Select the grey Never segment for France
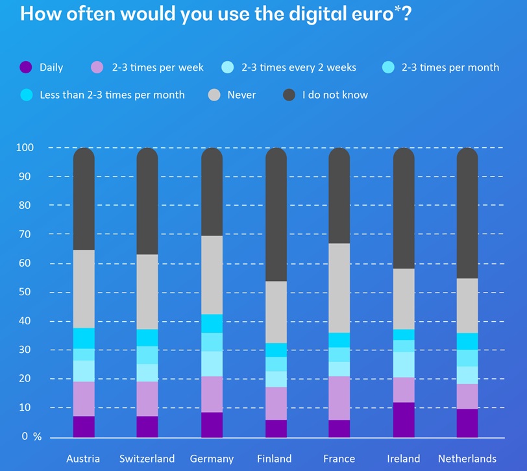[339, 288]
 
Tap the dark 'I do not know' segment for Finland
[276, 215]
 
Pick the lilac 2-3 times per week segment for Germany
[212, 394]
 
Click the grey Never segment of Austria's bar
[84, 289]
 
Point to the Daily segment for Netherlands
[467, 423]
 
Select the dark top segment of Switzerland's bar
[147, 201]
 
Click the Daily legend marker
[26, 67]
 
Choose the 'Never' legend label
[241, 95]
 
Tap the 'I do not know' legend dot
[289, 95]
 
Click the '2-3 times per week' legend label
[158, 67]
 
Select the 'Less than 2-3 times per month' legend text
[112, 95]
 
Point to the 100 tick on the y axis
[24, 148]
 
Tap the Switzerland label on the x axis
[147, 459]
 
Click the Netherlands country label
[467, 459]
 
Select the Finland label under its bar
[275, 459]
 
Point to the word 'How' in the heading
[38, 14]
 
